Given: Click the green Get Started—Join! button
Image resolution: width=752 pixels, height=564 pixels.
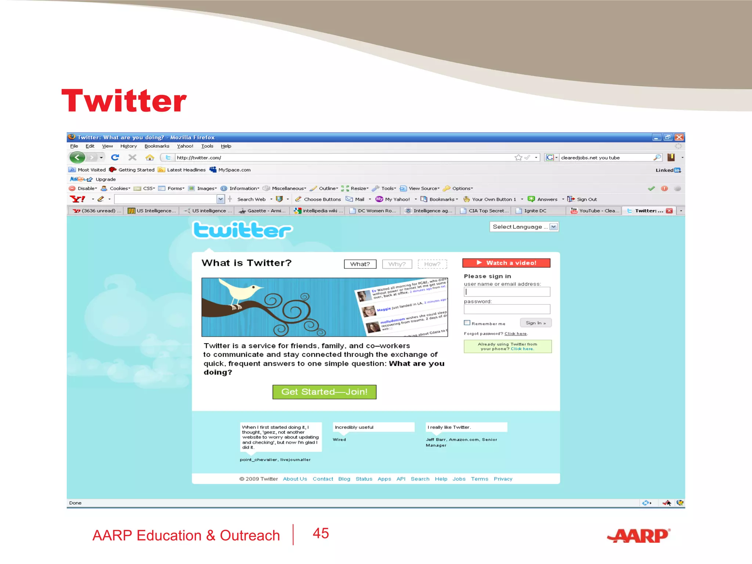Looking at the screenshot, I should (x=324, y=392).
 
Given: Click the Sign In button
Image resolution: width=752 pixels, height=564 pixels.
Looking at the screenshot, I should (x=535, y=323).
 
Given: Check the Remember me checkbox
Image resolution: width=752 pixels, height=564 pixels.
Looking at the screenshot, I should (x=467, y=323).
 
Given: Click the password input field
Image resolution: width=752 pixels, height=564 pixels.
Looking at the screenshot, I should (x=507, y=309).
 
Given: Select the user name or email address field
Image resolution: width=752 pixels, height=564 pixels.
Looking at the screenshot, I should (x=507, y=292).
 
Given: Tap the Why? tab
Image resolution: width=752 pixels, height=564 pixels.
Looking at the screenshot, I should (x=397, y=264).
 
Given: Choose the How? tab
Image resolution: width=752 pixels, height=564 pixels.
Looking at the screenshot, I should (x=432, y=264).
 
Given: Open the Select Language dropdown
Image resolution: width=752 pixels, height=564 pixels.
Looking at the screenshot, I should (x=524, y=227).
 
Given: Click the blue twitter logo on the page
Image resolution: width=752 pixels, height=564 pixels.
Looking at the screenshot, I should (x=242, y=230).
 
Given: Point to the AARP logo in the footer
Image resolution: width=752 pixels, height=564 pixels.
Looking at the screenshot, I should (x=639, y=536).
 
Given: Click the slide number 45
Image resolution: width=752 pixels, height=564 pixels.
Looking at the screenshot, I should (x=321, y=533).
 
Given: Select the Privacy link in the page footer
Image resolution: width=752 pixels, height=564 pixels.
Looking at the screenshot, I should (x=503, y=479).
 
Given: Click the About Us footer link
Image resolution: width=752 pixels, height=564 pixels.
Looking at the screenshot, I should (x=295, y=479).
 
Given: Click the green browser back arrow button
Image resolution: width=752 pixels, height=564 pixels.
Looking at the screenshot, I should (x=77, y=158).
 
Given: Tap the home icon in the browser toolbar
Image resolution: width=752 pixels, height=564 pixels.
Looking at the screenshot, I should (x=149, y=158).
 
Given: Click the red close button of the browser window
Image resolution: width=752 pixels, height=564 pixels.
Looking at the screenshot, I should (x=679, y=137).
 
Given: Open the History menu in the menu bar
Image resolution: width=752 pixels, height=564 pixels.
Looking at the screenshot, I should (x=129, y=146).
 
